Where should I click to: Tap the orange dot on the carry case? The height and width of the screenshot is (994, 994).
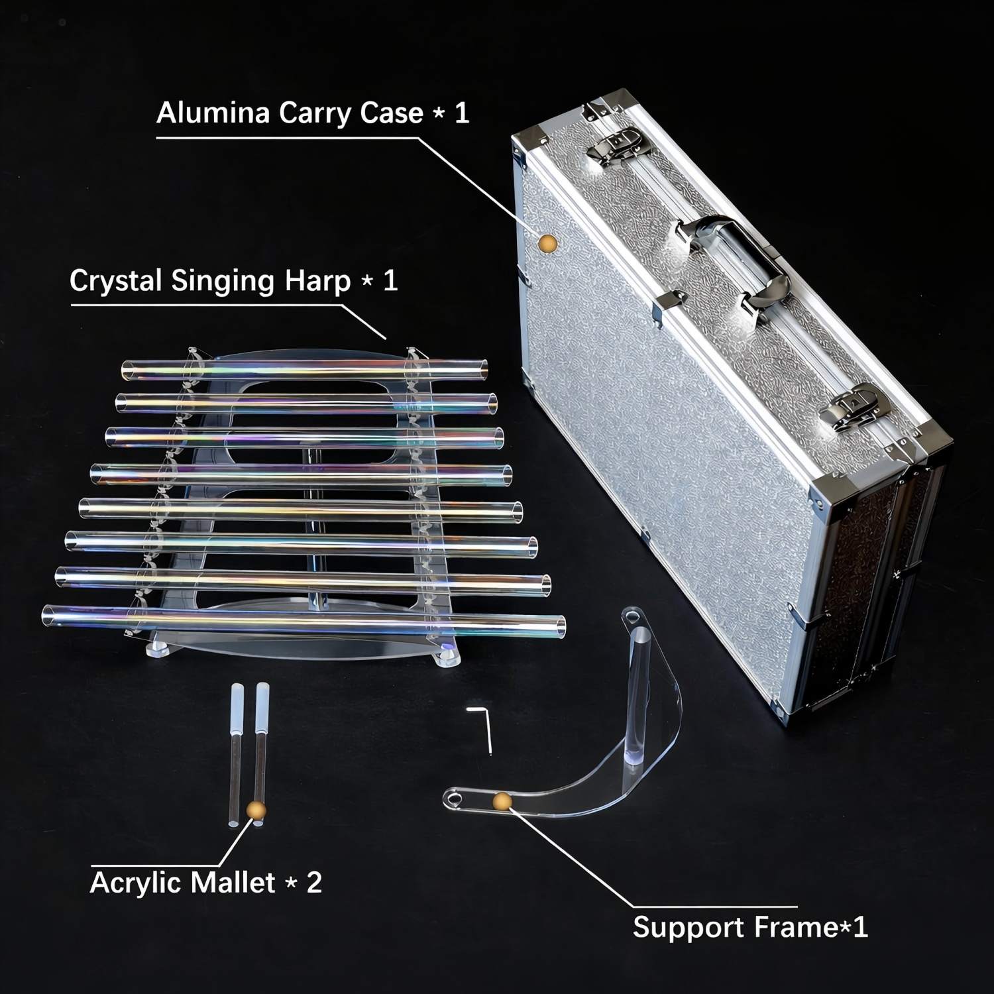(547, 243)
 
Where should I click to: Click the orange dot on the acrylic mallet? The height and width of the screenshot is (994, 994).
(256, 809)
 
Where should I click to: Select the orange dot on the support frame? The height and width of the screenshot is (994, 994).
(502, 802)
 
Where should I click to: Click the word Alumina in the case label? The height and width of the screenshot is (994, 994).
(213, 113)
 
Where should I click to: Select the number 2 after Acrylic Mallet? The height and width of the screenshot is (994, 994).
(313, 883)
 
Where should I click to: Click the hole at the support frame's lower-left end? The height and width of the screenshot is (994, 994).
(454, 796)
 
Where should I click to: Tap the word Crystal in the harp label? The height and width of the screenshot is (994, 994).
(115, 281)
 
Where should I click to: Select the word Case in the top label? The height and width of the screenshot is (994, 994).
(391, 113)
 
